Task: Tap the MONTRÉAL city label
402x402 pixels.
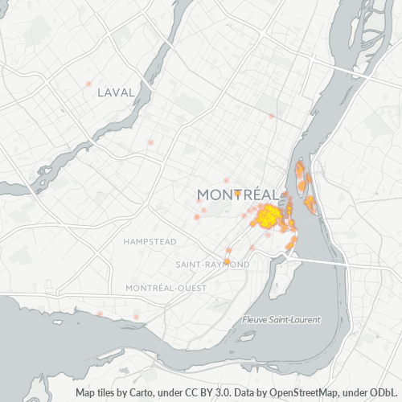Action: pyautogui.click(x=239, y=195)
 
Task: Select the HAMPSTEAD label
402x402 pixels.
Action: pyautogui.click(x=150, y=241)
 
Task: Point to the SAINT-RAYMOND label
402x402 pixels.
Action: pyautogui.click(x=212, y=264)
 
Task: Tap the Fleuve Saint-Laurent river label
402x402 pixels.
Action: pyautogui.click(x=281, y=319)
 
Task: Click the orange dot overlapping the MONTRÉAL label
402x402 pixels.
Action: pyautogui.click(x=238, y=193)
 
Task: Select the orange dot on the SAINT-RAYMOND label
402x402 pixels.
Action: pyautogui.click(x=228, y=261)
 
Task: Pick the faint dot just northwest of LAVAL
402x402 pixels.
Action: pyautogui.click(x=88, y=84)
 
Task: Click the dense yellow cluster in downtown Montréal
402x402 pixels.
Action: pyautogui.click(x=267, y=215)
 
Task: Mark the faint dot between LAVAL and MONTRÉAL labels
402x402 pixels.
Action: pyautogui.click(x=150, y=142)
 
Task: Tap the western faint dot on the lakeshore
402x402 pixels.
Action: pyautogui.click(x=100, y=313)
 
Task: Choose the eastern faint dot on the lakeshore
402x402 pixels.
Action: pyautogui.click(x=137, y=317)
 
